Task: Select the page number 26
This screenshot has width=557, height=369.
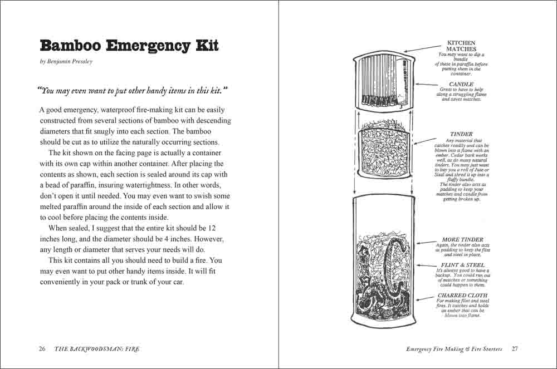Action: pos(42,349)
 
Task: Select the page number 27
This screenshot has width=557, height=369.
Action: pos(515,349)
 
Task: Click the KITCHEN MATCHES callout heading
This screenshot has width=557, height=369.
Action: pos(461,46)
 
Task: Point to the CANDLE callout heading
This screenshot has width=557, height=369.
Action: pos(461,84)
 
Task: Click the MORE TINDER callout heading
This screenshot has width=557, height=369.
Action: pos(462,239)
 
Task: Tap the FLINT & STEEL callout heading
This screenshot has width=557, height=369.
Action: pos(462,265)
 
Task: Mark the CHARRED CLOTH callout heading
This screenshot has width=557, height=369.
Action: pos(462,296)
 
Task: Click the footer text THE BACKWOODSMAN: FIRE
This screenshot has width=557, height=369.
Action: pos(97,349)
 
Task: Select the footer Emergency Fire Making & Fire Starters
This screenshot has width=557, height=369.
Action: pos(454,349)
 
